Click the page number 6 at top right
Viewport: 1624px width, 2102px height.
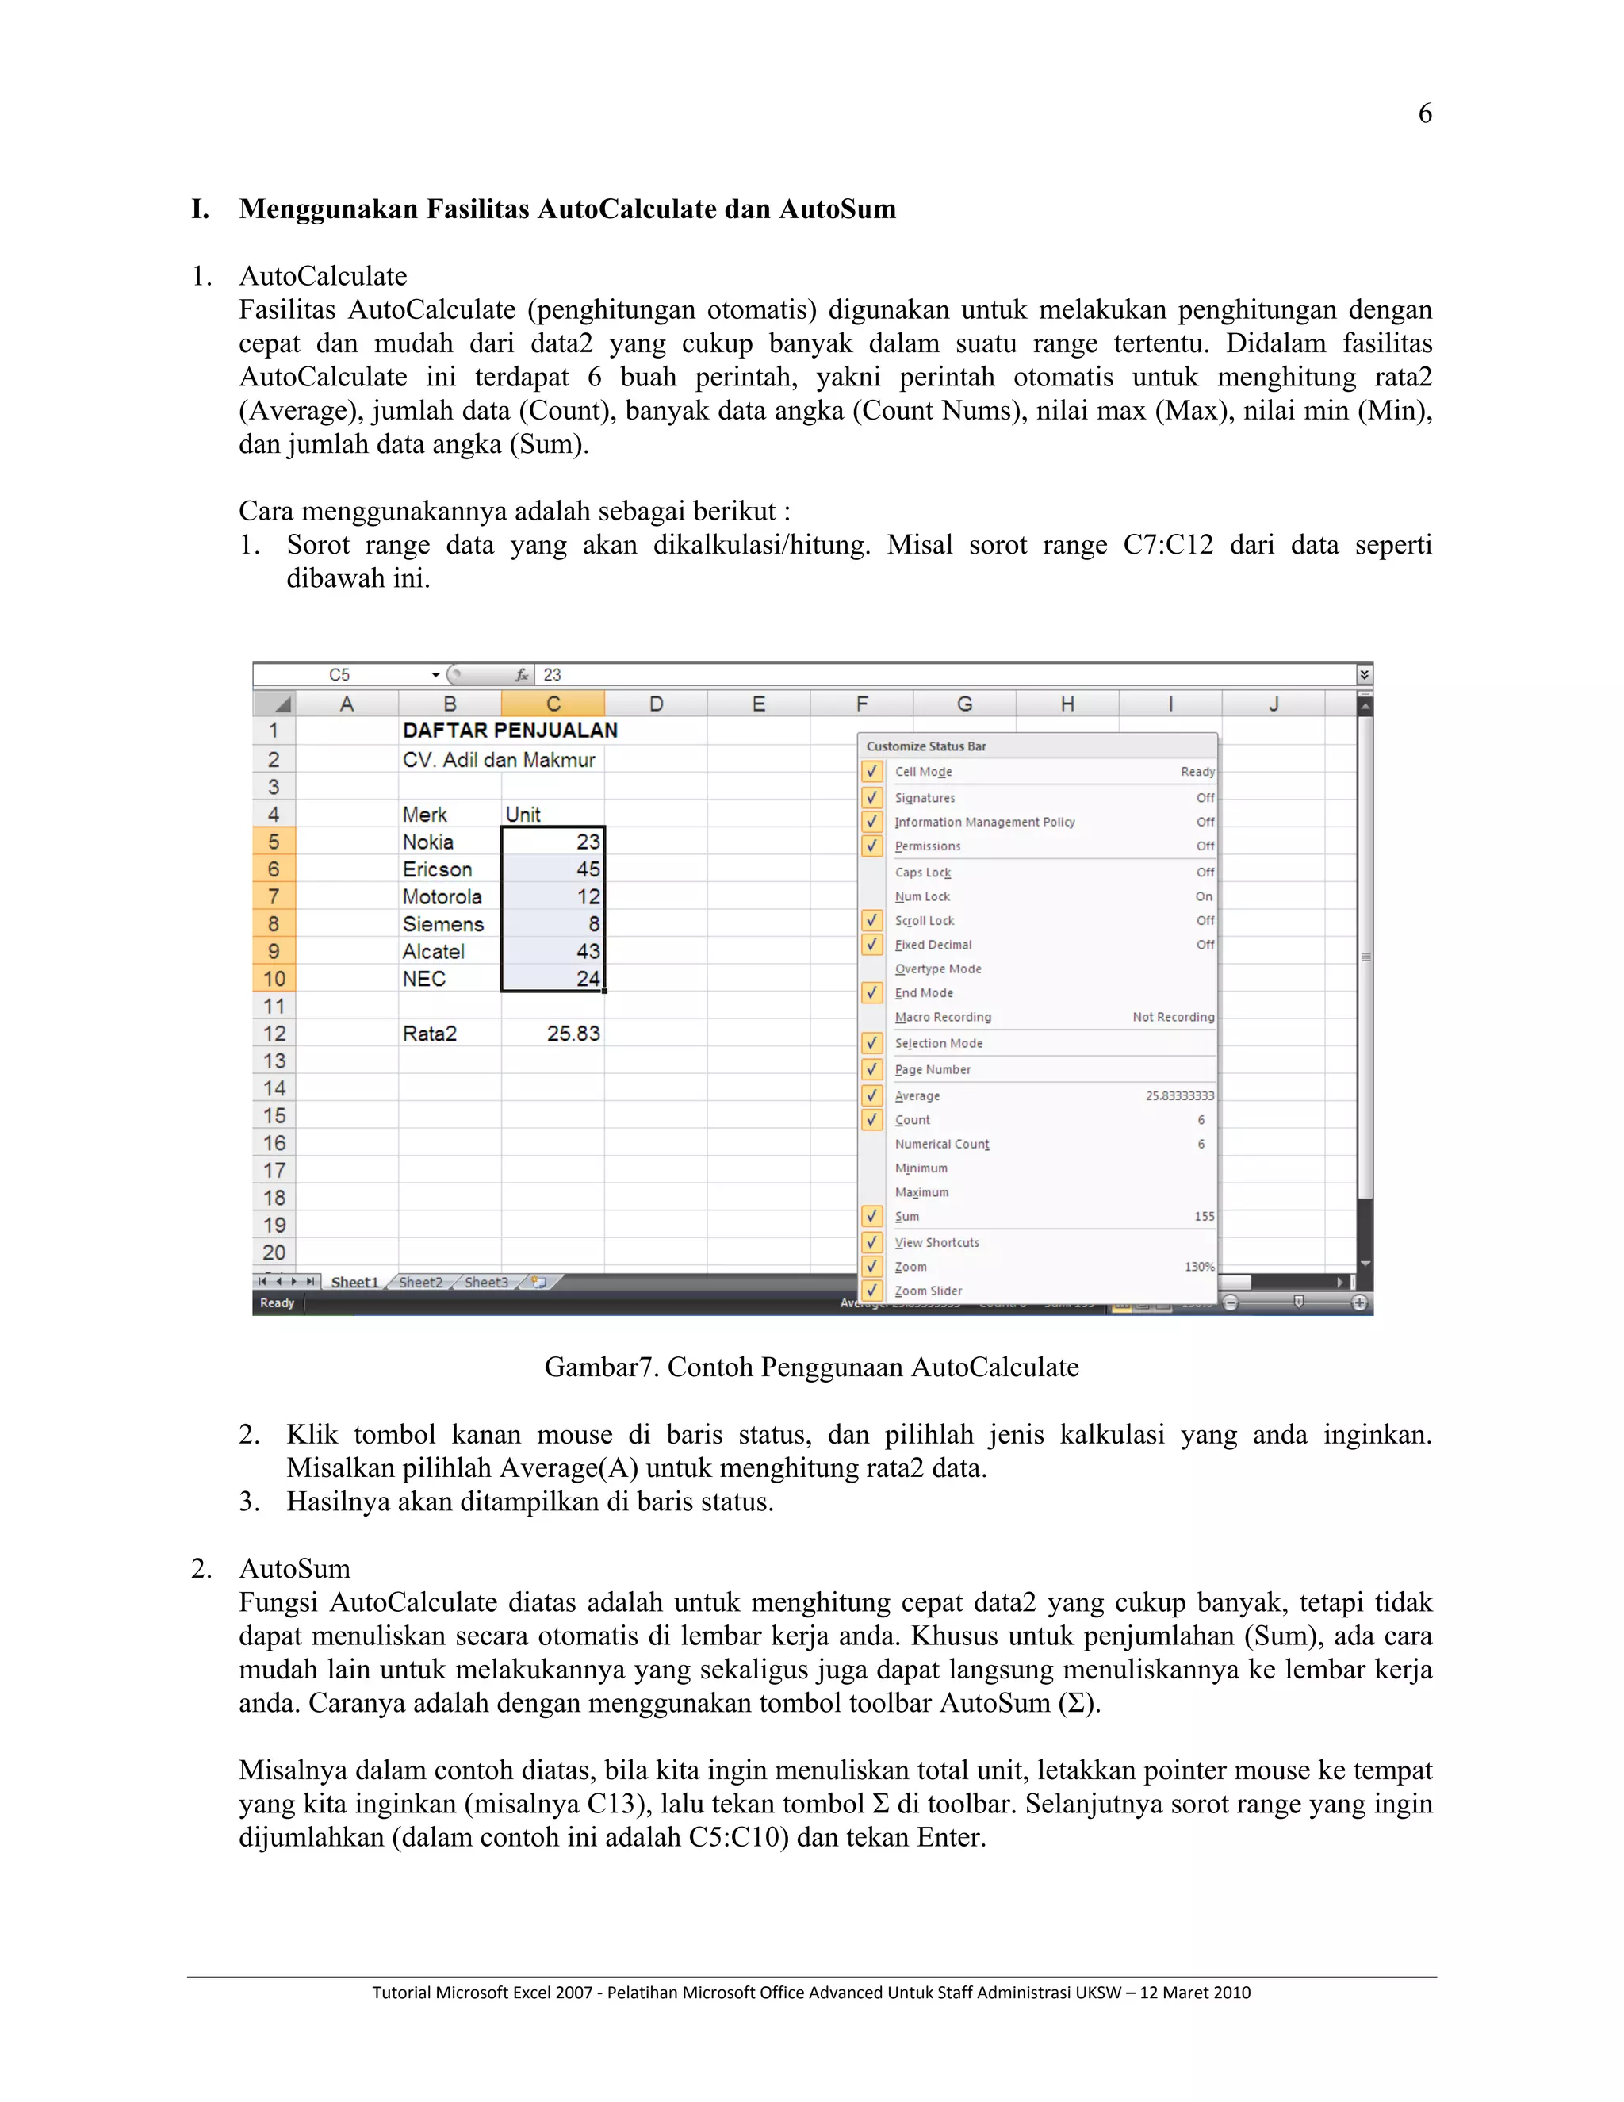1425,113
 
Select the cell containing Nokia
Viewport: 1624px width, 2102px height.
428,842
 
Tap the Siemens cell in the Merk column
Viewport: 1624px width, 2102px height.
442,924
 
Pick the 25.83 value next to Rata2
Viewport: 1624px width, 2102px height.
573,1034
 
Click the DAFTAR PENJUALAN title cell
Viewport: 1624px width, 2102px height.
510,731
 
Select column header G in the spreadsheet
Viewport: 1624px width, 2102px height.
964,704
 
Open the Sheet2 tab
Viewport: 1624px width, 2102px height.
420,1282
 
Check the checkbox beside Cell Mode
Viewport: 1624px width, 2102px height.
872,772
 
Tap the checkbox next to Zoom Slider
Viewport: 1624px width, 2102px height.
872,1291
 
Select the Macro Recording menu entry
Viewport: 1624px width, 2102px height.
943,1018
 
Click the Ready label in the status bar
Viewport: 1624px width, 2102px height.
277,1303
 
